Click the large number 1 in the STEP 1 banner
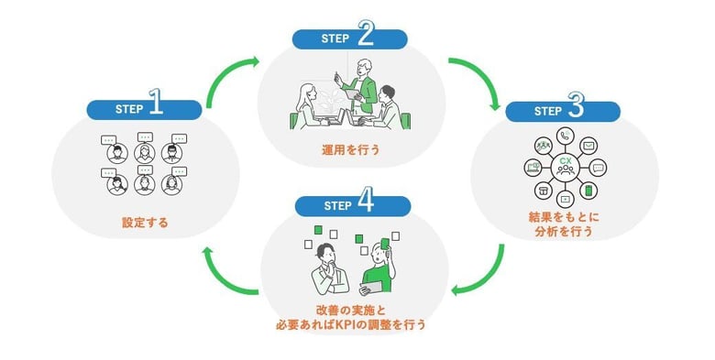coord(155,106)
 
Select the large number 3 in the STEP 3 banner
coord(576,107)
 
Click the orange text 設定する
coord(145,222)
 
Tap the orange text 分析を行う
coord(564,233)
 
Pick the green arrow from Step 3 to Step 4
coord(484,275)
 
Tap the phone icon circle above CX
coord(565,136)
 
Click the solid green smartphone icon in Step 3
coord(589,191)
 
